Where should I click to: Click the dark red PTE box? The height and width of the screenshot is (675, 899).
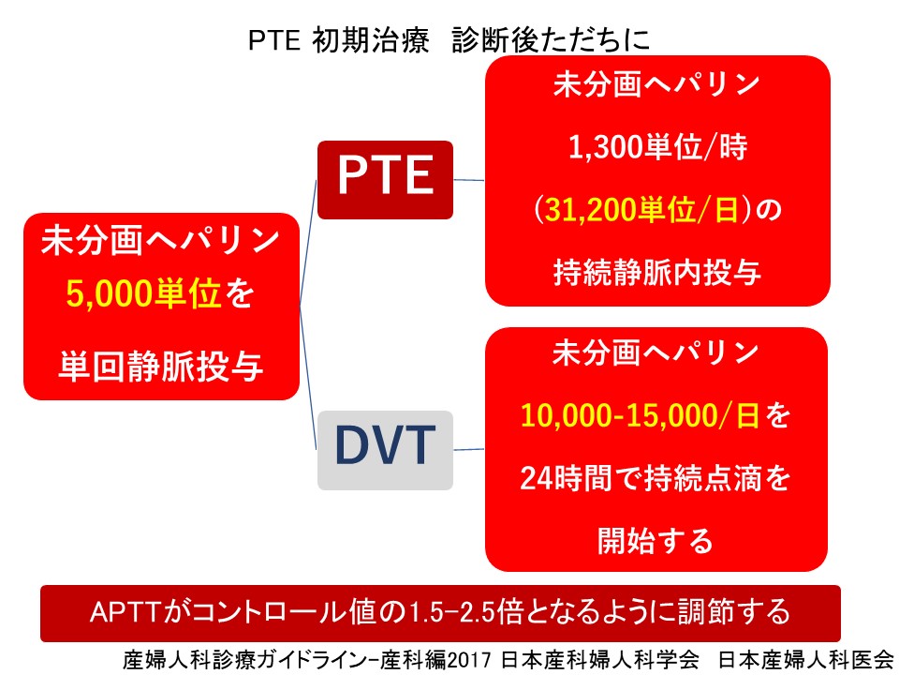point(385,179)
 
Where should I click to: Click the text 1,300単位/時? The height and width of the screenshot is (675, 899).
point(657,148)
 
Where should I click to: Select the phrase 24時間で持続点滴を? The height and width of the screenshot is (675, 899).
point(656,478)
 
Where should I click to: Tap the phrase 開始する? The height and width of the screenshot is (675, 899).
point(656,540)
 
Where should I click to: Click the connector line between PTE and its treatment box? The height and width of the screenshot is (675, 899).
point(469,178)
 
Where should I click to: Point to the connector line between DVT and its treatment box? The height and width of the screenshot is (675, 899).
point(469,449)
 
